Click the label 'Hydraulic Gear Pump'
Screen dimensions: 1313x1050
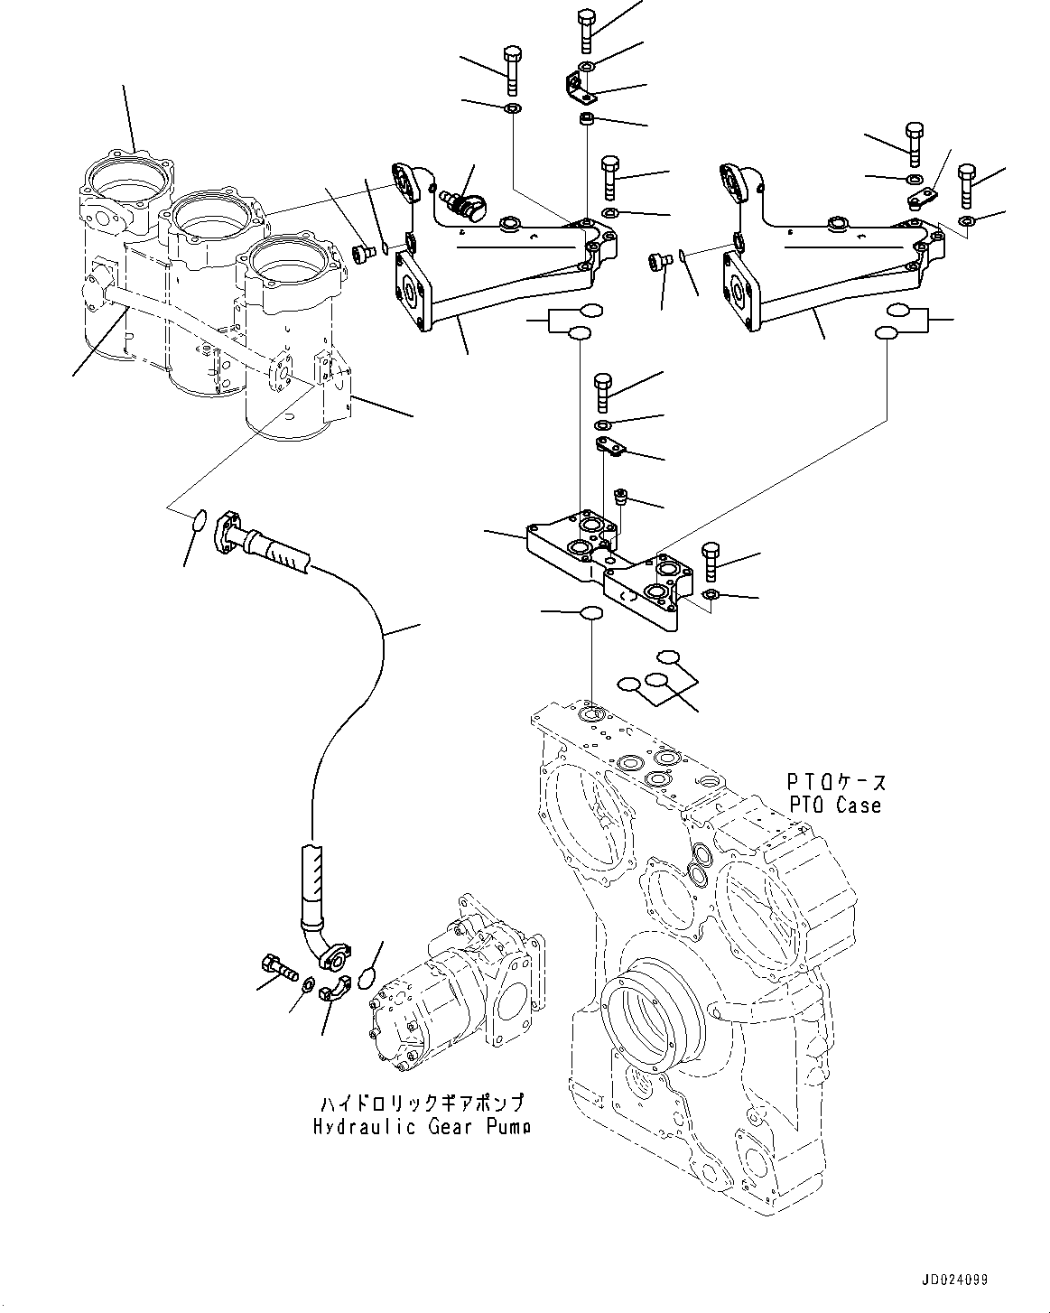click(x=422, y=1126)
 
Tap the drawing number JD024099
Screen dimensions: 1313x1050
click(x=954, y=1280)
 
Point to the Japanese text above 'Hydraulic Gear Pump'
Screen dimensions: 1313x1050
click(x=422, y=1103)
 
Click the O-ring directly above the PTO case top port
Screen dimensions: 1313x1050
click(x=590, y=613)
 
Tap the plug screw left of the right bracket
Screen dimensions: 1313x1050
click(x=658, y=262)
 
